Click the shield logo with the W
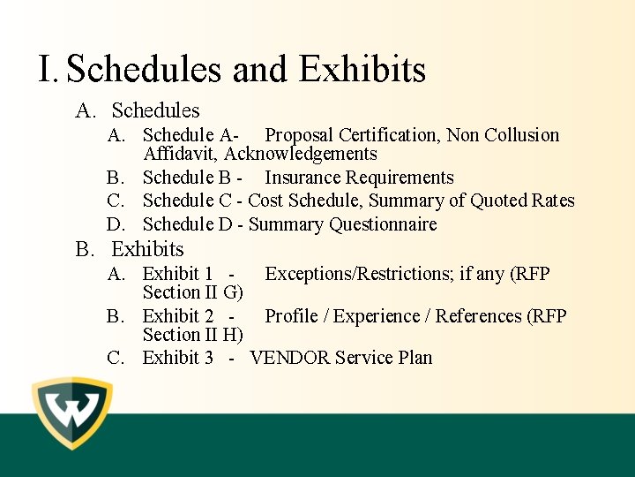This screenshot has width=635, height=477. (72, 413)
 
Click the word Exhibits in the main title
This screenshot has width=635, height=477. (362, 70)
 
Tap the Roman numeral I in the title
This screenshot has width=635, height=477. (47, 70)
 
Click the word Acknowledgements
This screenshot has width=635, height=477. (301, 155)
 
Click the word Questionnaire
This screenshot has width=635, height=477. (383, 224)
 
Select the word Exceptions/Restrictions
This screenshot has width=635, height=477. (357, 274)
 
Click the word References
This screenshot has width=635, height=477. (477, 316)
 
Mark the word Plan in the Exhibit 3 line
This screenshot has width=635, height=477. (414, 358)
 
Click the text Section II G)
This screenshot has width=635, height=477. (192, 292)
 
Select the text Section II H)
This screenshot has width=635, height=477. (192, 335)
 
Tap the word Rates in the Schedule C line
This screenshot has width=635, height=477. (553, 201)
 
